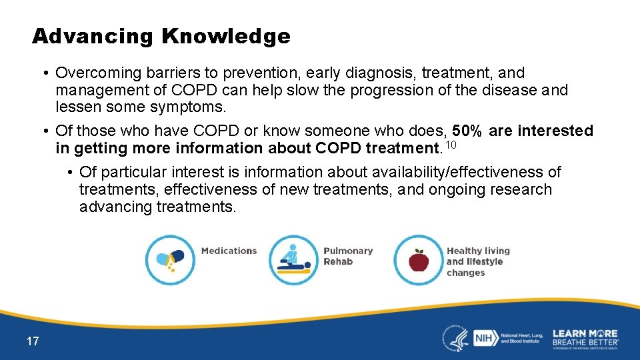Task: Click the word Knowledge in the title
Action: [225, 37]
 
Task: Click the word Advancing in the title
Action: [93, 37]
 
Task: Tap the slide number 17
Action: [33, 341]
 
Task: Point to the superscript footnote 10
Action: [451, 145]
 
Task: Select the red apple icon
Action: [418, 259]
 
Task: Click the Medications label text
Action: [229, 251]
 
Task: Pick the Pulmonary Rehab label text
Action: [347, 256]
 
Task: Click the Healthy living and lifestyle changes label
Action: [477, 261]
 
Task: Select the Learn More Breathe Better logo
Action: [585, 338]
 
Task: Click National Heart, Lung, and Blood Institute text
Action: [521, 338]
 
